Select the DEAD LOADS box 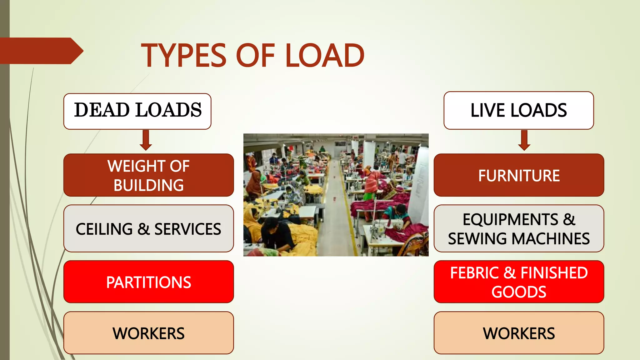(x=137, y=111)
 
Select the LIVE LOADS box (x=518, y=110)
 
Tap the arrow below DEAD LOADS (x=146, y=140)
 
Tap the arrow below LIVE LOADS (x=524, y=140)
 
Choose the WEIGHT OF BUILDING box (x=148, y=175)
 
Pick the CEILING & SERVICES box (x=148, y=228)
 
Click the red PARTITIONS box (x=148, y=282)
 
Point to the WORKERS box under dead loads (x=148, y=333)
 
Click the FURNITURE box (x=519, y=175)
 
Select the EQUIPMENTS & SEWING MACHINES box (x=519, y=228)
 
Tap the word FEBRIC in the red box (x=474, y=273)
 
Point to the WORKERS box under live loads (x=519, y=333)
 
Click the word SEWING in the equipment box (x=478, y=239)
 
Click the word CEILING (x=104, y=229)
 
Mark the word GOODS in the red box (x=519, y=292)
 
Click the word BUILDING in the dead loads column (x=148, y=185)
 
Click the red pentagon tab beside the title (x=41, y=51)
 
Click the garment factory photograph (x=336, y=195)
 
